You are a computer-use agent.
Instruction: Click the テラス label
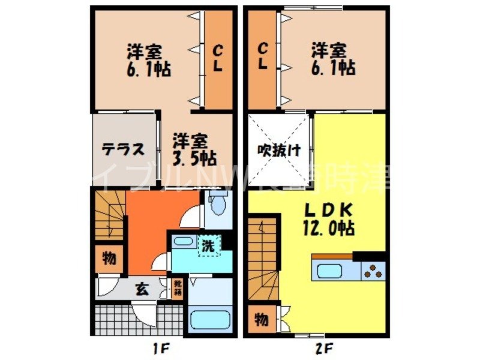[122, 148]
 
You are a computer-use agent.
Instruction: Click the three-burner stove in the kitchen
[373, 271]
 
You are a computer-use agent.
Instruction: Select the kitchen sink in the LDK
[329, 272]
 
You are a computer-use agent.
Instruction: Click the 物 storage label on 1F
[109, 259]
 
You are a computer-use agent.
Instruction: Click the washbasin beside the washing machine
[182, 244]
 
